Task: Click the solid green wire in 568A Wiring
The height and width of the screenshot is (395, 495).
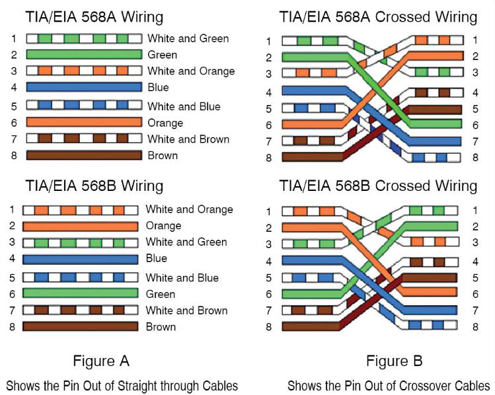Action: coord(84,54)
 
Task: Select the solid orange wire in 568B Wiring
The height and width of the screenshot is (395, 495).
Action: coord(80,226)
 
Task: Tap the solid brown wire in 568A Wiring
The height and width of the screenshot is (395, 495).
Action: coord(84,155)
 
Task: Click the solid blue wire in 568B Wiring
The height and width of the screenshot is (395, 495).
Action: coord(80,259)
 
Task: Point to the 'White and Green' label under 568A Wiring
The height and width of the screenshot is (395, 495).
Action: coord(188,38)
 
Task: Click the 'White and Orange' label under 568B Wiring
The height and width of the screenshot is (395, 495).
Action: coord(189,209)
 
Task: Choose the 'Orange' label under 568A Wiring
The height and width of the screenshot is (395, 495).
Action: coord(165,123)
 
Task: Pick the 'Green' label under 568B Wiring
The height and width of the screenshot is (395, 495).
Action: coord(160,294)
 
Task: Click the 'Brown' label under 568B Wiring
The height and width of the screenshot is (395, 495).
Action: coord(161,326)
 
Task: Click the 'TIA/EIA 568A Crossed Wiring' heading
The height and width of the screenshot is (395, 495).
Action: coord(378,17)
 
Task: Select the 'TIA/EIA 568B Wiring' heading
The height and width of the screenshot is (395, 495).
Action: coord(94,186)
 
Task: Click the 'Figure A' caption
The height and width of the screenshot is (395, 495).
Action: coord(100,361)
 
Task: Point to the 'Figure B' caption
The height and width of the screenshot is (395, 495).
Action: coord(394,361)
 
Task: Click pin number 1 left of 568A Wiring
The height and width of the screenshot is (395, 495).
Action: coord(13,38)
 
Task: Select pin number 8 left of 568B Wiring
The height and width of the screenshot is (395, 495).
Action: coord(13,326)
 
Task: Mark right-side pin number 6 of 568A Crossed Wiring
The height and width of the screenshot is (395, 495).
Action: coord(475,124)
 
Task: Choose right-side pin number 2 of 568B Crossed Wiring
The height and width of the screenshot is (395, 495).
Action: coord(475,227)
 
